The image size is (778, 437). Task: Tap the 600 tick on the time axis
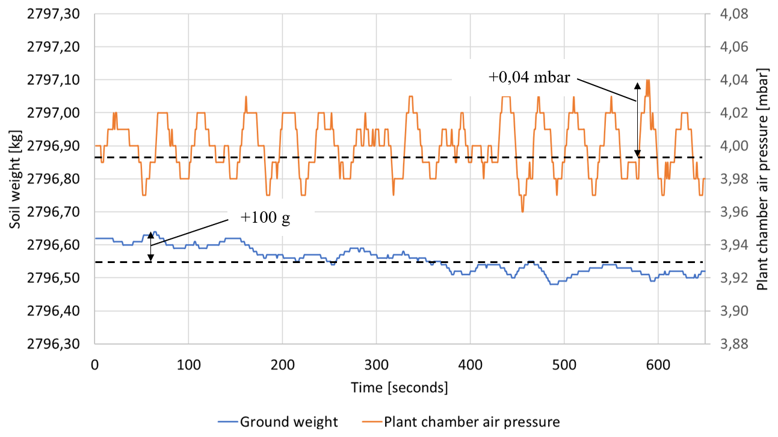click(658, 365)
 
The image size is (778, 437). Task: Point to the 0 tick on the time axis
click(95, 365)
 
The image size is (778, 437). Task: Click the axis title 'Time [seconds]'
click(399, 388)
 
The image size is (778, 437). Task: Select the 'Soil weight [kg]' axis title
click(15, 179)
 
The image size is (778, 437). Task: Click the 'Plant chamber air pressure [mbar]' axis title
click(763, 179)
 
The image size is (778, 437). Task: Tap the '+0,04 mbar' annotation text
click(529, 77)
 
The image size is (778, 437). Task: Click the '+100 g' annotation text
click(265, 217)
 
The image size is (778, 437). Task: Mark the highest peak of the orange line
click(647, 80)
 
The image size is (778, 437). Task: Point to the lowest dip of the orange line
click(522, 211)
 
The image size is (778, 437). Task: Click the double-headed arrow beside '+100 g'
click(151, 246)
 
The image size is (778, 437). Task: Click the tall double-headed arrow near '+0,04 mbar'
click(638, 119)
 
